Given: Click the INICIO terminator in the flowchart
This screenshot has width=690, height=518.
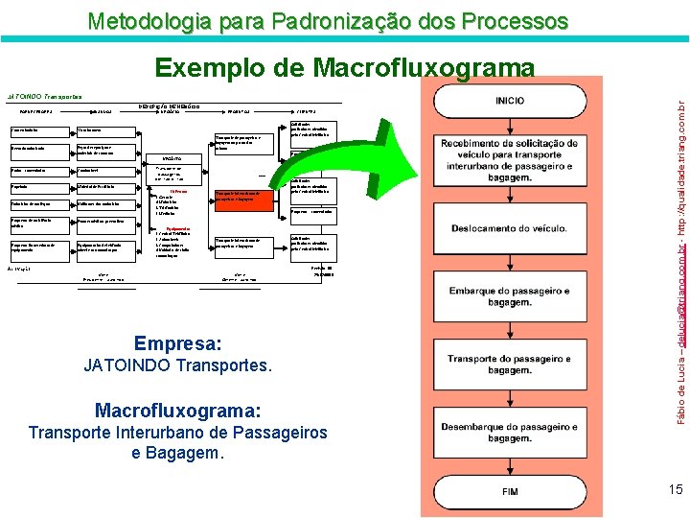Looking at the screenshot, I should point(510,101).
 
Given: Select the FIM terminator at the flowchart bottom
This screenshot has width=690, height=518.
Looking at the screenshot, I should point(510,490).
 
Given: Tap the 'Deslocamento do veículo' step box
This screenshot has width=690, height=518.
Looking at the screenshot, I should point(510,227).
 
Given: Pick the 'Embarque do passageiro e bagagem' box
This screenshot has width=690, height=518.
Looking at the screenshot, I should point(510,296).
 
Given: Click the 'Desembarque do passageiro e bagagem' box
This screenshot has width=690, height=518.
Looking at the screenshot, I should point(510,432).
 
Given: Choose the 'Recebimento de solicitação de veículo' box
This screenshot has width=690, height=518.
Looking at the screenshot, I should point(510,159).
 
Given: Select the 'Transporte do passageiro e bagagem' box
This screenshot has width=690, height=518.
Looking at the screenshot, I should point(510,365).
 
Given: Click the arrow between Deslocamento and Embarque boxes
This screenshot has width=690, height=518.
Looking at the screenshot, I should point(510,261).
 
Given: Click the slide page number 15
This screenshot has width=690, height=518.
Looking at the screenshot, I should point(676,490).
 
